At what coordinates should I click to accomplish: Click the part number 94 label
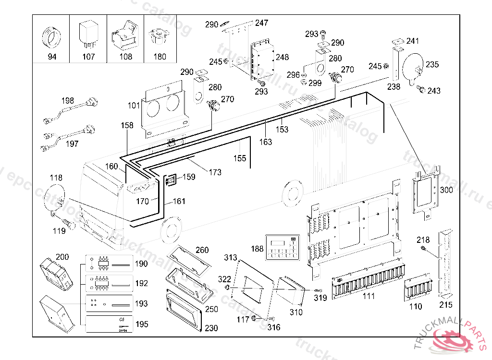coord(51,57)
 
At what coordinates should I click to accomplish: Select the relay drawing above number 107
coord(88,35)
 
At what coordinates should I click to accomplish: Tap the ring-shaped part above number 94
coord(51,36)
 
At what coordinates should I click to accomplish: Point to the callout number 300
coord(446,190)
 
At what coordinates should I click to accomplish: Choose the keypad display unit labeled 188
coord(283,248)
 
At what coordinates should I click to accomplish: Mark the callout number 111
coord(369,296)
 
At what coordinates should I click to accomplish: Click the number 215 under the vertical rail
coord(446,305)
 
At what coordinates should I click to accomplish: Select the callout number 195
coord(141,324)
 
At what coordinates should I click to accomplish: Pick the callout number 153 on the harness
coord(282,129)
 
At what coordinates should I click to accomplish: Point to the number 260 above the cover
coord(202,250)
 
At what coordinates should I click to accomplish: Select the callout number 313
coord(231,258)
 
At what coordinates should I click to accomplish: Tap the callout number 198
coord(68,101)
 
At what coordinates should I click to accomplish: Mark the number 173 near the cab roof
coord(216,172)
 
